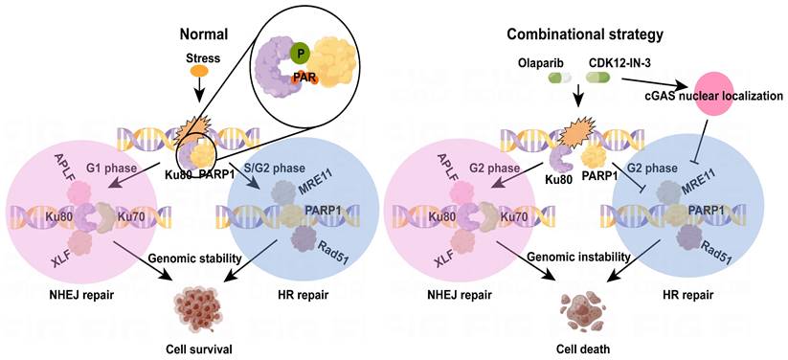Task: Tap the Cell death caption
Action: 583,349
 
